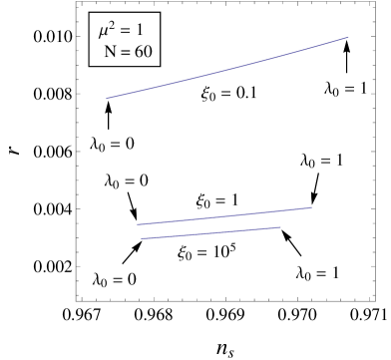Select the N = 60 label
point(129,52)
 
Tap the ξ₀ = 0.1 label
point(229,94)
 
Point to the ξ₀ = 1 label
point(217,200)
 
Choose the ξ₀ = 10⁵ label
point(207,252)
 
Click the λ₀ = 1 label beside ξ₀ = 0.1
point(346,88)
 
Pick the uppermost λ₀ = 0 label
point(113,144)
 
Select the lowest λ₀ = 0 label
point(115,279)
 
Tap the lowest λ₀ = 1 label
point(318,272)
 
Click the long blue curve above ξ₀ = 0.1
point(229,69)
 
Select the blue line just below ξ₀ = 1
point(224,215)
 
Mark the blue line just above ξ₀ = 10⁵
point(210,233)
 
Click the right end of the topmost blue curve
point(348,37)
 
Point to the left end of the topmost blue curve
point(107,99)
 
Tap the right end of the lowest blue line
point(280,227)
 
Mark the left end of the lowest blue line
point(142,239)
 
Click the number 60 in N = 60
point(143,52)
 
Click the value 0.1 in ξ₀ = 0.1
point(246,94)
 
